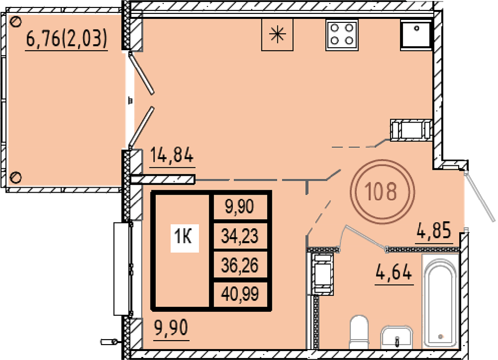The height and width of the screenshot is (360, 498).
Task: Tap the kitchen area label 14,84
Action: [171, 155]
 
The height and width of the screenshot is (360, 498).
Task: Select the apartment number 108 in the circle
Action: [381, 192]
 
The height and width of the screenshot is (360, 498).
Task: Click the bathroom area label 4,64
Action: [394, 272]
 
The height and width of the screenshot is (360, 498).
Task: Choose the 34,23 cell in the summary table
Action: [240, 236]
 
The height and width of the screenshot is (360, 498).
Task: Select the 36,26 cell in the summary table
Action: [240, 265]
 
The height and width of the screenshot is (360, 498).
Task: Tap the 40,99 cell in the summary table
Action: [240, 294]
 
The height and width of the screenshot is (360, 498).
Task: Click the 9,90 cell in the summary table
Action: [240, 207]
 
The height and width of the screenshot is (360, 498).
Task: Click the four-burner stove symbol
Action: [342, 34]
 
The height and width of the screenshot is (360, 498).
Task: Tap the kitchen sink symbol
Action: [416, 34]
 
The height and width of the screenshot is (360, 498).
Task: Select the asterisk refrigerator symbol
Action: [277, 34]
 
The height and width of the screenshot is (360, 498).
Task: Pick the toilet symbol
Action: [359, 332]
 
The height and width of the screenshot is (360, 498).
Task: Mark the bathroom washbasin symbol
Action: [396, 337]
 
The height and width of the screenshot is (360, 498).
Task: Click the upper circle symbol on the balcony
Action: [15, 21]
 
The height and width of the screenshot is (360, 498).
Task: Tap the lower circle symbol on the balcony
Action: [15, 177]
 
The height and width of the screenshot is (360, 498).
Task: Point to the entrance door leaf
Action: [480, 197]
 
